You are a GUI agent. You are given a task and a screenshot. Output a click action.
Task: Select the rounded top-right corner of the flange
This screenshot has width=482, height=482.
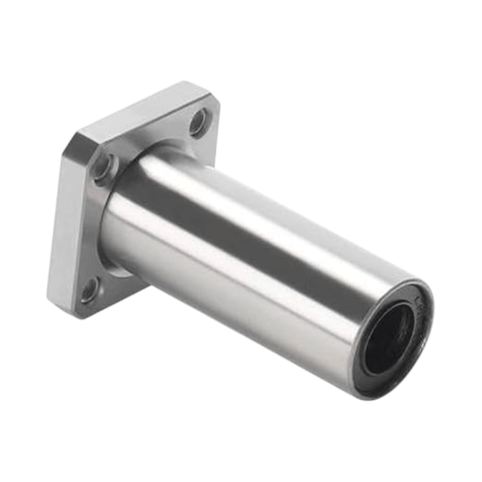pyautogui.click(x=212, y=96)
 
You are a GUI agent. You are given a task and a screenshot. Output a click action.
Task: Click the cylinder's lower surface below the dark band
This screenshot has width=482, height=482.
pyautogui.click(x=241, y=299)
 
